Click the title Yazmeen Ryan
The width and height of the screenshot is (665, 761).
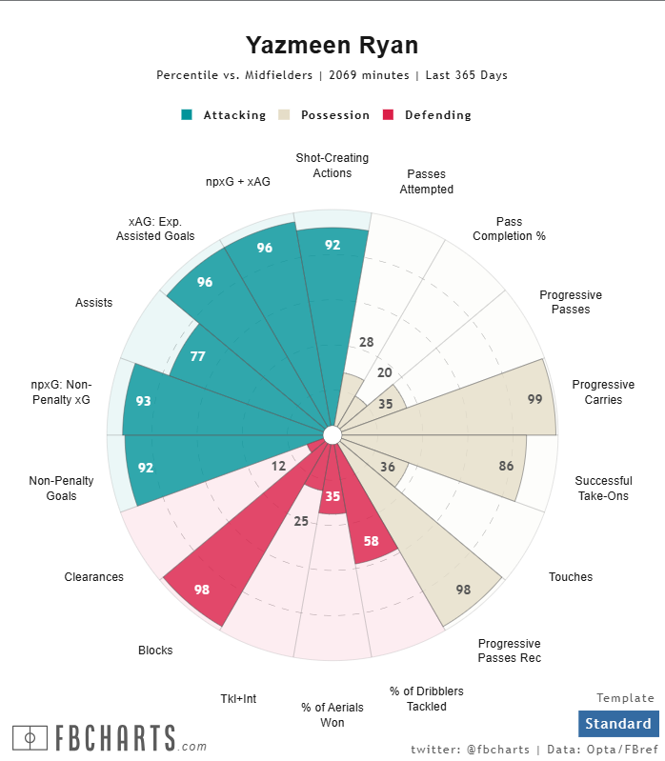(332, 45)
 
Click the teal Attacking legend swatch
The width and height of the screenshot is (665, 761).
(187, 115)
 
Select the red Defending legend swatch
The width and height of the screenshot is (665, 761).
(388, 115)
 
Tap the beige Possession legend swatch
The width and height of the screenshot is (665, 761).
(284, 115)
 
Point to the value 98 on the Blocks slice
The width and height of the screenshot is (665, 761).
(202, 590)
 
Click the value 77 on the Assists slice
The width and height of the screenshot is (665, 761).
(197, 357)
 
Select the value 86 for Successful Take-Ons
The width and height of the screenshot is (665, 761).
(506, 467)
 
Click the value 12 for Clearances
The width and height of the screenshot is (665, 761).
(278, 466)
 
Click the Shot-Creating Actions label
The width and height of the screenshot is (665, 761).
(332, 166)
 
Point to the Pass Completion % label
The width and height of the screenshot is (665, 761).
(509, 229)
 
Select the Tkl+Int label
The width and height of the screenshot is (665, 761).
(238, 699)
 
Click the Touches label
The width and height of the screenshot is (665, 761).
(571, 577)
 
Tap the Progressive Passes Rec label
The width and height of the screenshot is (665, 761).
(509, 651)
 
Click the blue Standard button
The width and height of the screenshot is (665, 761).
(618, 724)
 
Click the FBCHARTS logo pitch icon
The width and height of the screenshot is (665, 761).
(30, 737)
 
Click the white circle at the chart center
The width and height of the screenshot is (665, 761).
(332, 435)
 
